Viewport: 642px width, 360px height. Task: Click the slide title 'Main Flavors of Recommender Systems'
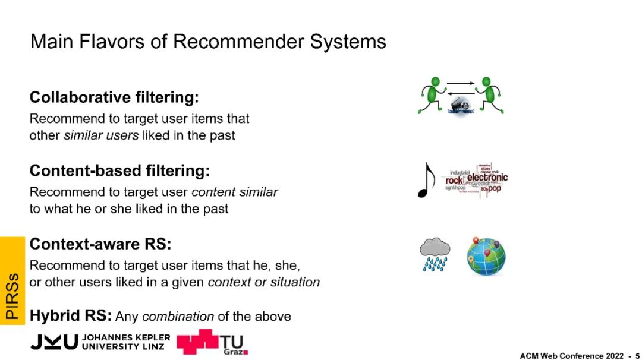click(208, 42)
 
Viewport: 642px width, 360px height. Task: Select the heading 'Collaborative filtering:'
click(114, 97)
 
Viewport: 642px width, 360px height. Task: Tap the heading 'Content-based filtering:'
click(119, 171)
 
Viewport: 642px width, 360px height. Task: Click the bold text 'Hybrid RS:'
click(71, 315)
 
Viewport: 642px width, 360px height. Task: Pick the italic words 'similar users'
click(101, 135)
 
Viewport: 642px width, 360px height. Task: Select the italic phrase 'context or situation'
click(263, 282)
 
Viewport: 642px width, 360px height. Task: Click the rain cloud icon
click(435, 254)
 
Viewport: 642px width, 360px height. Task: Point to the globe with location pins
click(486, 256)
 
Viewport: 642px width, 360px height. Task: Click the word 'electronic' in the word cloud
click(487, 177)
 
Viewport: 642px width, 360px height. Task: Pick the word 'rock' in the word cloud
click(454, 180)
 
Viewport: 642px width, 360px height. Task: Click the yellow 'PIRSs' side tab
click(12, 279)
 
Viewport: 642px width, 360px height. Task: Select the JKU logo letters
click(54, 342)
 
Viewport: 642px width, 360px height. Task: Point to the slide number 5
click(637, 355)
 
